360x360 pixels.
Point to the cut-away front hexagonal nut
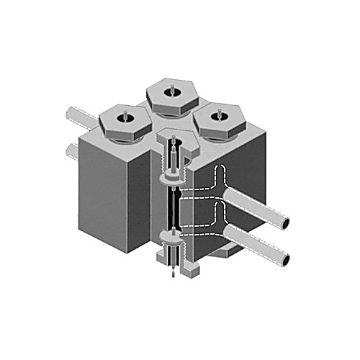coord(173,141)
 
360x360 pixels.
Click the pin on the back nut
coord(174,89)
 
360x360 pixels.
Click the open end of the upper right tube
coord(286,225)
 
